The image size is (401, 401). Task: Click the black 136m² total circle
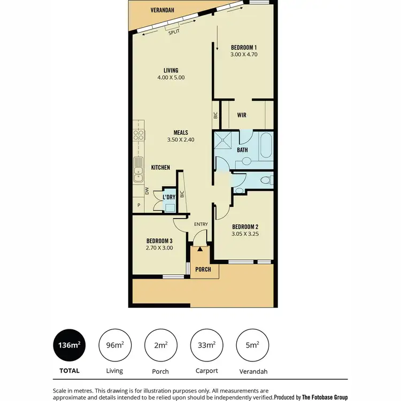coord(68,345)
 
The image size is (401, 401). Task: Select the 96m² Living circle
coord(114,345)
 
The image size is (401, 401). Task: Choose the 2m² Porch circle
coord(160,345)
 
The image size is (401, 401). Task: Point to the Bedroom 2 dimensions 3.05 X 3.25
coord(245,234)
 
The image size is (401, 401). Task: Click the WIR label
coord(242,114)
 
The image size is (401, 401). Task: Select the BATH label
coord(242,150)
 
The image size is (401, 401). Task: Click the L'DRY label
coord(169,197)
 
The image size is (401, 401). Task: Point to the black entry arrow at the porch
coord(200,249)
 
